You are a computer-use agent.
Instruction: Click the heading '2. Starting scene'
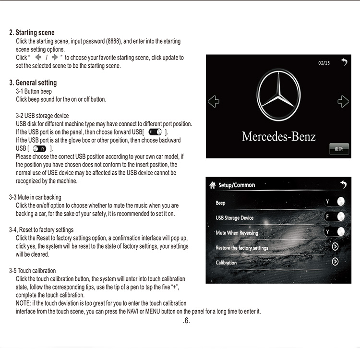pos(32,33)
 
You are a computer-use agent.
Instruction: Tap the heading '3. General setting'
pos(33,83)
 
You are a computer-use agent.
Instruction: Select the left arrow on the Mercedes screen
pos(214,101)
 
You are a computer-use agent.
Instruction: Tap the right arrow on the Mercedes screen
pos(343,101)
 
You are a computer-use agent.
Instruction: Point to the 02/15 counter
pos(324,63)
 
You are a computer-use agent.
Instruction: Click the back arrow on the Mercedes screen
pos(344,62)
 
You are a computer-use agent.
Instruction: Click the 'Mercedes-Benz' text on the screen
pos(279,136)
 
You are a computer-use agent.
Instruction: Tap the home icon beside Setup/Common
pos(213,185)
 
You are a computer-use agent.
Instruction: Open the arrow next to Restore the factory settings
pos(335,247)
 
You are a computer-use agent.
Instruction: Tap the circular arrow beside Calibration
pos(335,262)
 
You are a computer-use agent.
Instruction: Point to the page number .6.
pos(187,321)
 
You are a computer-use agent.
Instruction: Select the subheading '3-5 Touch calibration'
pos(32,271)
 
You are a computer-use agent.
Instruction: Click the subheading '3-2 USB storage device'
pos(42,116)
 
